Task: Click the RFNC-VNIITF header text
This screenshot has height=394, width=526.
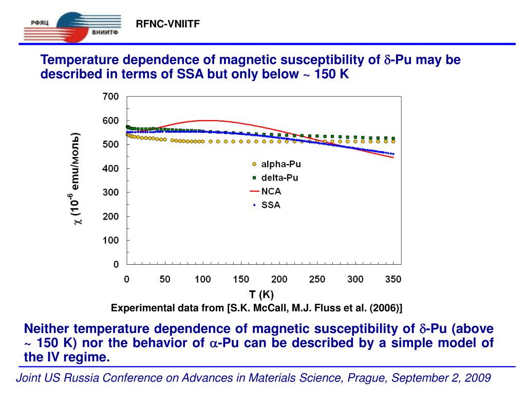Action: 167,24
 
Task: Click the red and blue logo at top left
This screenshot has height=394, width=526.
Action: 72,27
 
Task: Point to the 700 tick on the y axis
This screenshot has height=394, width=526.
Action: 111,96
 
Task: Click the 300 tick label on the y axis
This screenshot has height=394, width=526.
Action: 111,192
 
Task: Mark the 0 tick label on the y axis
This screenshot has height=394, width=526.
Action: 116,265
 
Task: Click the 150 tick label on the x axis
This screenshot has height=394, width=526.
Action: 241,280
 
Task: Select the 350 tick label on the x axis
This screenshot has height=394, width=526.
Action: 393,280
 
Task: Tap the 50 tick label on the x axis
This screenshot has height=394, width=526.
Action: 165,280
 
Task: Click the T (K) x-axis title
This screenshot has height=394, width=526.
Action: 261,294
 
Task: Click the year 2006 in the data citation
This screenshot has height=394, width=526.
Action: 386,308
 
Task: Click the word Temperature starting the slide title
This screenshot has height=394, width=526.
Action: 76,61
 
